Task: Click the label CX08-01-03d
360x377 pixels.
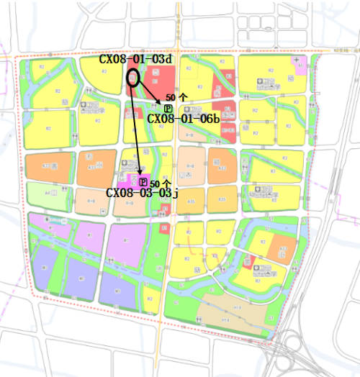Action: point(135,59)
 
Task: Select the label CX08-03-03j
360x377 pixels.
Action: point(142,193)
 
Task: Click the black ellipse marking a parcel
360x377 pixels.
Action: point(134,78)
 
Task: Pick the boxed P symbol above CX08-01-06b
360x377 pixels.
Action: point(168,108)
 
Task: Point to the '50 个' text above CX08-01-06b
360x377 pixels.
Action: point(176,96)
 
